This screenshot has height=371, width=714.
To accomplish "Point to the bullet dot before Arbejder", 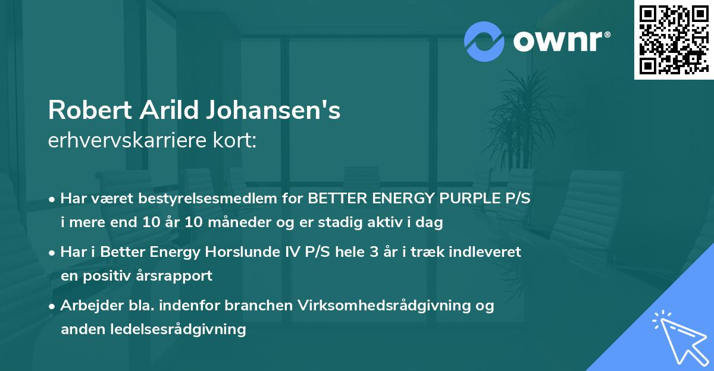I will pyautogui.click(x=52, y=306).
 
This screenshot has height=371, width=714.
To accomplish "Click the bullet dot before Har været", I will pyautogui.click(x=52, y=200).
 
